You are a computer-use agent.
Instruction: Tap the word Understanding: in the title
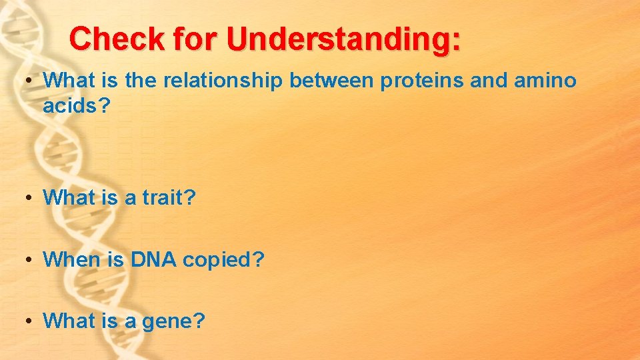click(343, 39)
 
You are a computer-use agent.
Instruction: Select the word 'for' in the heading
click(197, 39)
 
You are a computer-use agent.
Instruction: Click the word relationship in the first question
click(225, 81)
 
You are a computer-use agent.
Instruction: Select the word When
click(70, 259)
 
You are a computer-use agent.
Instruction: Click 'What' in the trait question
click(69, 197)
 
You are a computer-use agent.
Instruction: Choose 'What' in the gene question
click(69, 321)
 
